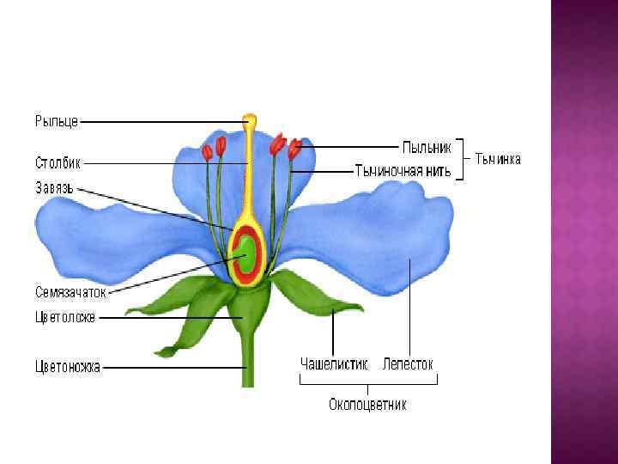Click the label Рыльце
(57, 122)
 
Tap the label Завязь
(54, 186)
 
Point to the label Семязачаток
(71, 292)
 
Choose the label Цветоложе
(65, 317)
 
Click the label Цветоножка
(68, 367)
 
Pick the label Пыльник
(427, 147)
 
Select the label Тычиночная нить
(402, 170)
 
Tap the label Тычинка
(498, 159)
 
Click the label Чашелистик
(334, 364)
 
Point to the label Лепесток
(409, 364)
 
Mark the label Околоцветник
(367, 405)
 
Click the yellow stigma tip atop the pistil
(250, 119)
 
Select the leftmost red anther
(207, 153)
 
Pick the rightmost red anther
(295, 150)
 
